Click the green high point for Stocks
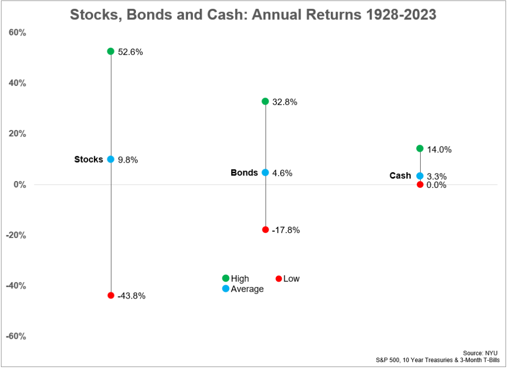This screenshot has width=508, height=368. coord(111,51)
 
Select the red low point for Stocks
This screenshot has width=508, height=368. coord(111,295)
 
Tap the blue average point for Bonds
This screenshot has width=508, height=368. coord(265,173)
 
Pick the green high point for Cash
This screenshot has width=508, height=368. coord(420,148)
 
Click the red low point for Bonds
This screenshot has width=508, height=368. coord(265,230)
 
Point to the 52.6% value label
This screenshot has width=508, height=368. coord(130,52)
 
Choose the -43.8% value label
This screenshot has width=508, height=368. coord(131,296)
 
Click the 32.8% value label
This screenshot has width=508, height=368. coord(285,102)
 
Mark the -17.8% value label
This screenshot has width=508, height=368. coord(286,231)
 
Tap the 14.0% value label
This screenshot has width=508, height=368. coord(439,149)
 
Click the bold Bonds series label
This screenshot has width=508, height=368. coord(244,173)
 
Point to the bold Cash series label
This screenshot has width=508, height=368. coord(400,176)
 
